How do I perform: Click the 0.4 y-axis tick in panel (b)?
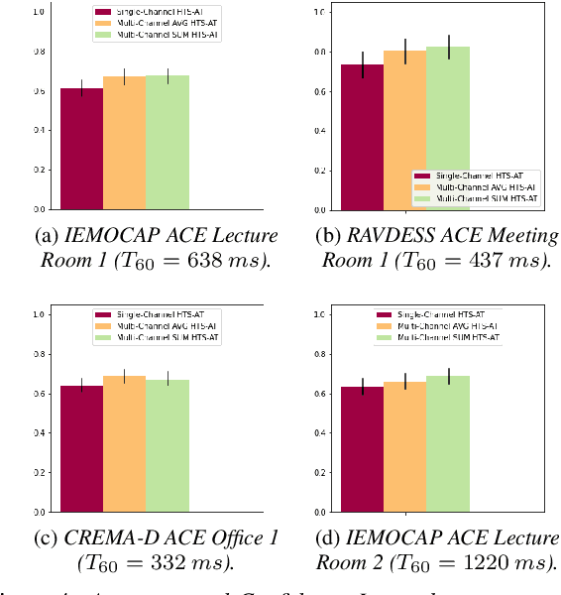(321, 131)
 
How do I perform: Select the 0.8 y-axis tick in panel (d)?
(321, 354)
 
